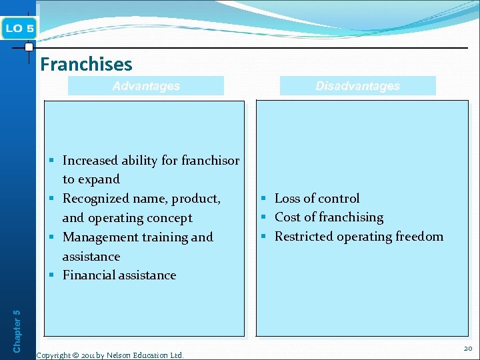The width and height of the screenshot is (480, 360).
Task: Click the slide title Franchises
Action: pos(86,64)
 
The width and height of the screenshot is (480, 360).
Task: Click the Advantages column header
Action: pos(146,86)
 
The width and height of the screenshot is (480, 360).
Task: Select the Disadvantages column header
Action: pos(357,86)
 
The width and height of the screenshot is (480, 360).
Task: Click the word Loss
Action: pos(287,199)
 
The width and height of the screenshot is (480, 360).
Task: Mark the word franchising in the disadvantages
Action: pos(351,217)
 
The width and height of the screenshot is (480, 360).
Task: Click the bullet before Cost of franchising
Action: pos(264,217)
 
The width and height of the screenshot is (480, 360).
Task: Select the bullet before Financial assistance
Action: pos(52,275)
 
